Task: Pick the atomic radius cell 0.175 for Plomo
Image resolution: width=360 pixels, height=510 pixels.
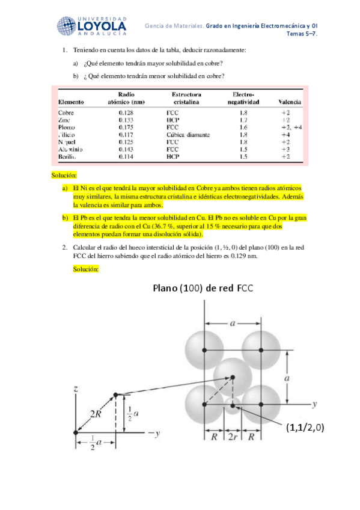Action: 126,127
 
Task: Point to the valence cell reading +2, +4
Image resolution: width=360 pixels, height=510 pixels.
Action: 291,127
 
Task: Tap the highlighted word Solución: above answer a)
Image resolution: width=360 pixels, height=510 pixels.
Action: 64,175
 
